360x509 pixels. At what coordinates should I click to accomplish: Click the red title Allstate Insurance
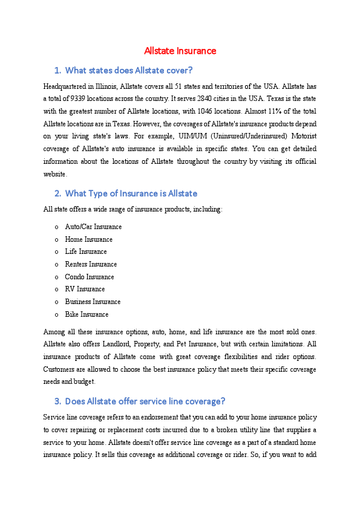click(180, 51)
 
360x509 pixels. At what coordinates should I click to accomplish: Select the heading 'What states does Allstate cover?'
click(128, 70)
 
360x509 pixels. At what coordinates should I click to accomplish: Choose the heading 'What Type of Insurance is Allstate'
click(131, 193)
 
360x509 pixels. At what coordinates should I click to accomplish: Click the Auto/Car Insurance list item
click(93, 227)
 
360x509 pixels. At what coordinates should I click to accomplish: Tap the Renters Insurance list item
click(91, 264)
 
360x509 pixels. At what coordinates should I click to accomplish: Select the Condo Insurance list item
click(90, 277)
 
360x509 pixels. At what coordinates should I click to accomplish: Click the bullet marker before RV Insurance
click(56, 290)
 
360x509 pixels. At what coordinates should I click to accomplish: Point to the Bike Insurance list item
click(87, 314)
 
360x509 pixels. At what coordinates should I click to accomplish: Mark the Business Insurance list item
click(93, 302)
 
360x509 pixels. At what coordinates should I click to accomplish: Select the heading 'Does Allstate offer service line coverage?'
click(145, 401)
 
